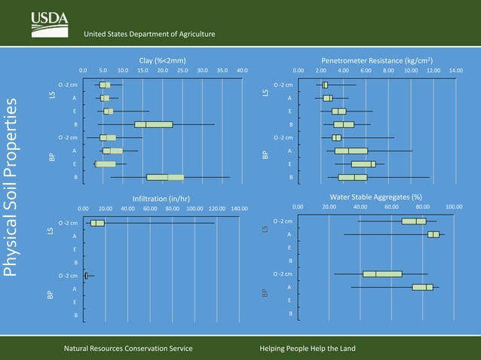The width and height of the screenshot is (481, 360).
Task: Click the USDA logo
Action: [50, 24]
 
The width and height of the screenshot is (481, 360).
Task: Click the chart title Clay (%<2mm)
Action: [163, 59]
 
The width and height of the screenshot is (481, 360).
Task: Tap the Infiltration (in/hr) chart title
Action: [163, 197]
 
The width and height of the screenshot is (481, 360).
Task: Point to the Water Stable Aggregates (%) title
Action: [375, 197]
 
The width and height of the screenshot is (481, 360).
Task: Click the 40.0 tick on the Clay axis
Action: [242, 70]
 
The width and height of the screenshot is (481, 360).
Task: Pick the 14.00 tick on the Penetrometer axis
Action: [456, 70]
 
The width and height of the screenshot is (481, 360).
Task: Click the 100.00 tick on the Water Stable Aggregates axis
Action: [454, 206]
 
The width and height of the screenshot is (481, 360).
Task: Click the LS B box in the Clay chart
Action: [153, 124]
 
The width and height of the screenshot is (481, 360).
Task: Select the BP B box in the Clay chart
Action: [165, 177]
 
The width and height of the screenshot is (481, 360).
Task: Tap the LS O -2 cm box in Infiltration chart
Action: [97, 223]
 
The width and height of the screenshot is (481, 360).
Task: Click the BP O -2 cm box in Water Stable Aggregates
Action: [382, 274]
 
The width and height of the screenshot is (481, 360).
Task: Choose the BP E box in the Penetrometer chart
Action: [363, 163]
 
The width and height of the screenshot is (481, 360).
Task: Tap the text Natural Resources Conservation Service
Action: [127, 349]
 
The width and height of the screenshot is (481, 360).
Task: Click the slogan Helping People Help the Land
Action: [308, 349]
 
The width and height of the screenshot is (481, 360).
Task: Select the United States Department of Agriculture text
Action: [149, 34]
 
